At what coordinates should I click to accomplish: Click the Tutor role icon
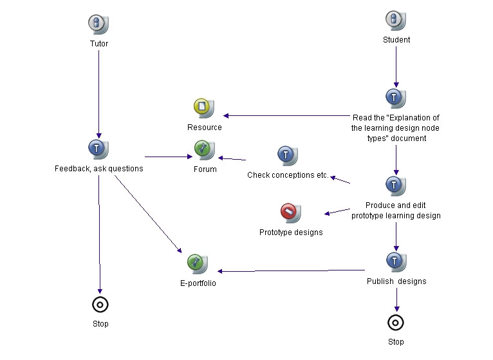tap(98, 24)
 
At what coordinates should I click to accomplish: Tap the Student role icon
tap(396, 20)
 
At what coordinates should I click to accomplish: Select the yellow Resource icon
tap(204, 108)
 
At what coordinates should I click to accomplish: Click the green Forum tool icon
tap(205, 150)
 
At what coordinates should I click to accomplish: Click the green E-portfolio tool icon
tap(198, 263)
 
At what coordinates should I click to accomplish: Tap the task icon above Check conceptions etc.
tap(288, 155)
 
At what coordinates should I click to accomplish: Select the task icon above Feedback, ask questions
tap(98, 149)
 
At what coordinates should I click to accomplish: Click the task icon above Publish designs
tap(396, 262)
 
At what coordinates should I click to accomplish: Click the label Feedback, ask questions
tap(98, 169)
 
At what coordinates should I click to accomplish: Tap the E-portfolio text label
tap(198, 283)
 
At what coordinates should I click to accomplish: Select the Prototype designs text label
tap(291, 232)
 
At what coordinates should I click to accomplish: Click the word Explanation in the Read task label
tap(411, 118)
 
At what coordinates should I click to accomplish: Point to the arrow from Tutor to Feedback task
tap(98, 94)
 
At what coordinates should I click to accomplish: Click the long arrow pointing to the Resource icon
tap(286, 115)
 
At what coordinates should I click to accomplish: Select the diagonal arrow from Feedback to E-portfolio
tap(148, 214)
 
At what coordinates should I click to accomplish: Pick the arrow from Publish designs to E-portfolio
tap(291, 270)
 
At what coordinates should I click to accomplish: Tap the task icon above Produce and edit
tap(396, 185)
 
